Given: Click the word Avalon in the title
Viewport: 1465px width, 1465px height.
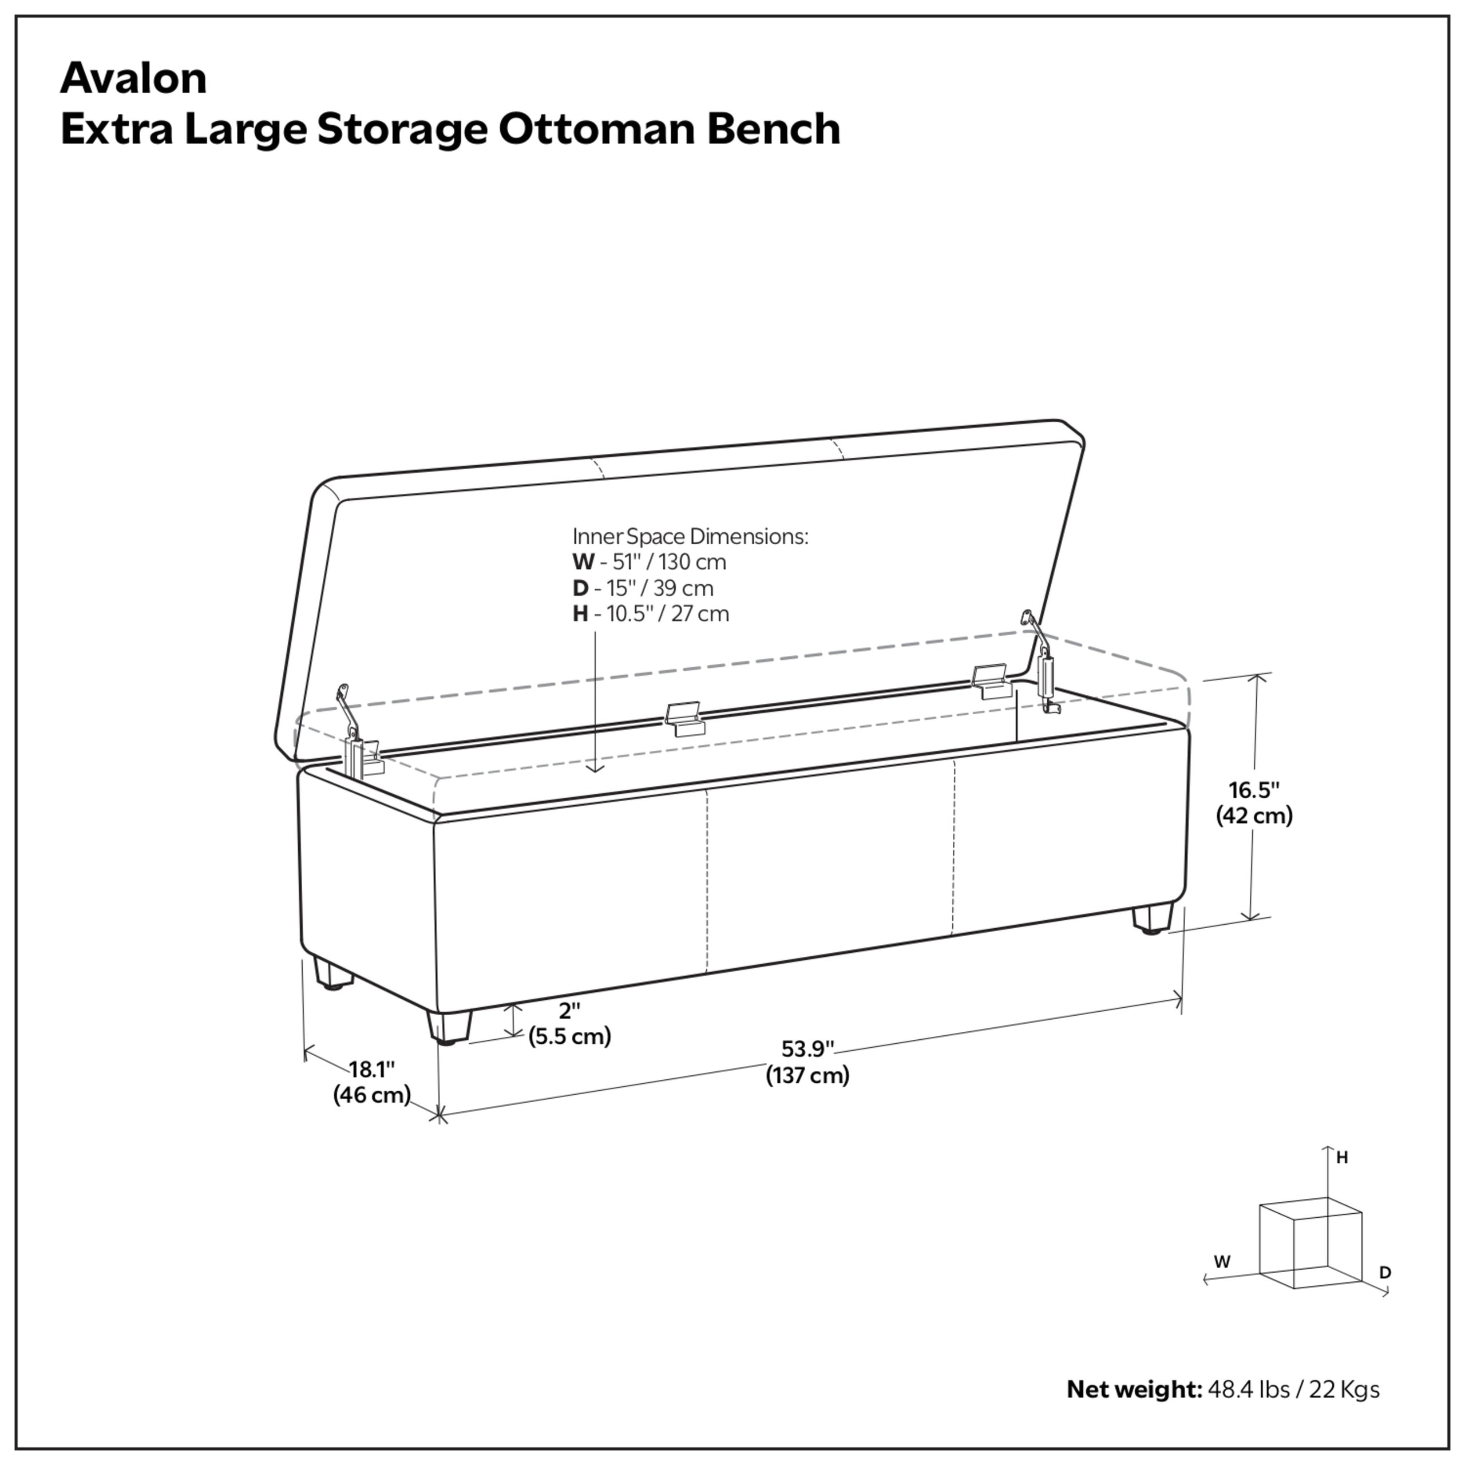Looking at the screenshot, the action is pos(133,78).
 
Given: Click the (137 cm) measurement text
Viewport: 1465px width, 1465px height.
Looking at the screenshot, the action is pos(807,1075).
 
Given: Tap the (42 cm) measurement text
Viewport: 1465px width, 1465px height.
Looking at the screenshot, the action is pos(1254,816).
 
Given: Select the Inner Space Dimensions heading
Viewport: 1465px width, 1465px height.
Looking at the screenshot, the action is pos(690,536).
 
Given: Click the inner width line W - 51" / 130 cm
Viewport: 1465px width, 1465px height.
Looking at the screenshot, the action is pos(649,562).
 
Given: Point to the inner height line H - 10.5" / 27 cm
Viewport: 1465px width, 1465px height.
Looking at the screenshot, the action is pos(651,613).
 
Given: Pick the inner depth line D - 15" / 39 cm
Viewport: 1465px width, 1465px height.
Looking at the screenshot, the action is pos(643,588).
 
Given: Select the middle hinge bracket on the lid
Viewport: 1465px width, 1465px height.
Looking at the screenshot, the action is pos(685,719).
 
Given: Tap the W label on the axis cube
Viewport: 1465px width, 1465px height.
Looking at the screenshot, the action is pos(1222,1262).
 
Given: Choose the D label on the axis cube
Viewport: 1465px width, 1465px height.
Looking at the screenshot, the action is pos(1385,1272).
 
